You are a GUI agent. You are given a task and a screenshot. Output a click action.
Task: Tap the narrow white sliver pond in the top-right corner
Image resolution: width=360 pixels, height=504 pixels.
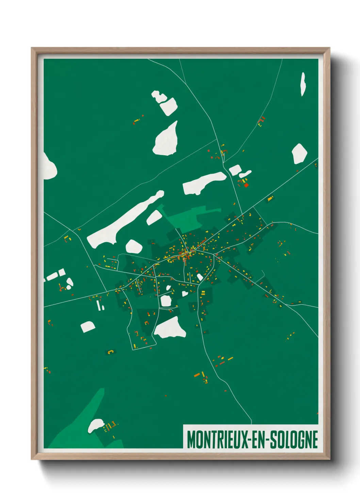coord(303,84)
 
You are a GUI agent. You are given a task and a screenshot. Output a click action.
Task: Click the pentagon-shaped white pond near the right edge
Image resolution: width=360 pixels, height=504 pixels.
coord(299,154)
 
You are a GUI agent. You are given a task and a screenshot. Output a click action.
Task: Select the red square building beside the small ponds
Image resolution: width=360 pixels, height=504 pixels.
coord(246,185)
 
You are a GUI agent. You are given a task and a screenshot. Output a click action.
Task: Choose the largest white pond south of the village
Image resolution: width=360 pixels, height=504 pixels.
coord(170,328)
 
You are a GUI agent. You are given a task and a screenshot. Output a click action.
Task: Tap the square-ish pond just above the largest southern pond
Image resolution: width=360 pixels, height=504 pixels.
coord(166,301)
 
